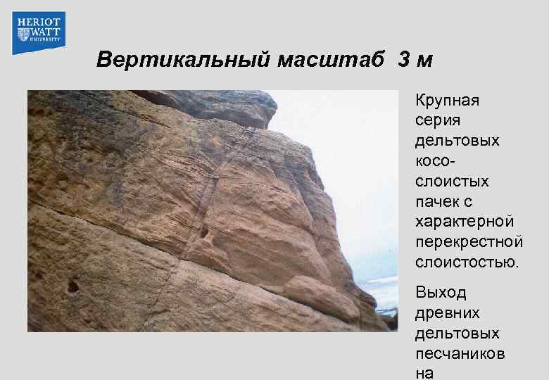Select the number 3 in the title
(403, 60)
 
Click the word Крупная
(447, 101)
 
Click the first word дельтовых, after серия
(458, 141)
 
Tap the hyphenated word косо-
(436, 161)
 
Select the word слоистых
(452, 182)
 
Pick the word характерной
(465, 222)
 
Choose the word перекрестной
(469, 243)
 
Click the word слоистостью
(467, 263)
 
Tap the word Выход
(441, 292)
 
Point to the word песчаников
(460, 353)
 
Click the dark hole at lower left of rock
(72, 286)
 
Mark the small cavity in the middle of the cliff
(204, 232)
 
